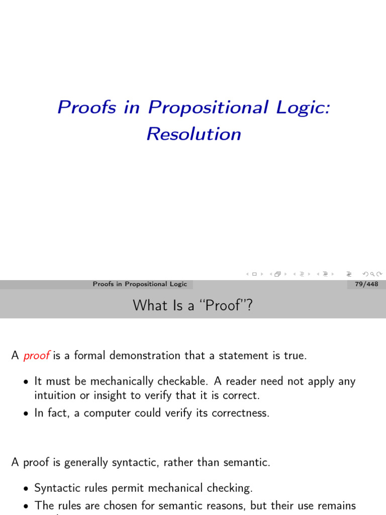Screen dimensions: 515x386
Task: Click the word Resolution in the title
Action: click(x=194, y=134)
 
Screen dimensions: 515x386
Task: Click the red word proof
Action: click(x=36, y=356)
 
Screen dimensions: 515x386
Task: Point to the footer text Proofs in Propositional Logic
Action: click(x=140, y=284)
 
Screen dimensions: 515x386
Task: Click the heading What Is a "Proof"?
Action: click(x=192, y=305)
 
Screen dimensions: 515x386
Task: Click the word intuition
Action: click(x=55, y=395)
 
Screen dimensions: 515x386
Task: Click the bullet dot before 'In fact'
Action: click(x=26, y=414)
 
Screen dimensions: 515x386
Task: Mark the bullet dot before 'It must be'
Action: click(x=26, y=382)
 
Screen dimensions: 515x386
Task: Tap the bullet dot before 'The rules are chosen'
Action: click(x=26, y=506)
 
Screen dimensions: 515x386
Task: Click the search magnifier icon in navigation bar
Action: click(x=372, y=274)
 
